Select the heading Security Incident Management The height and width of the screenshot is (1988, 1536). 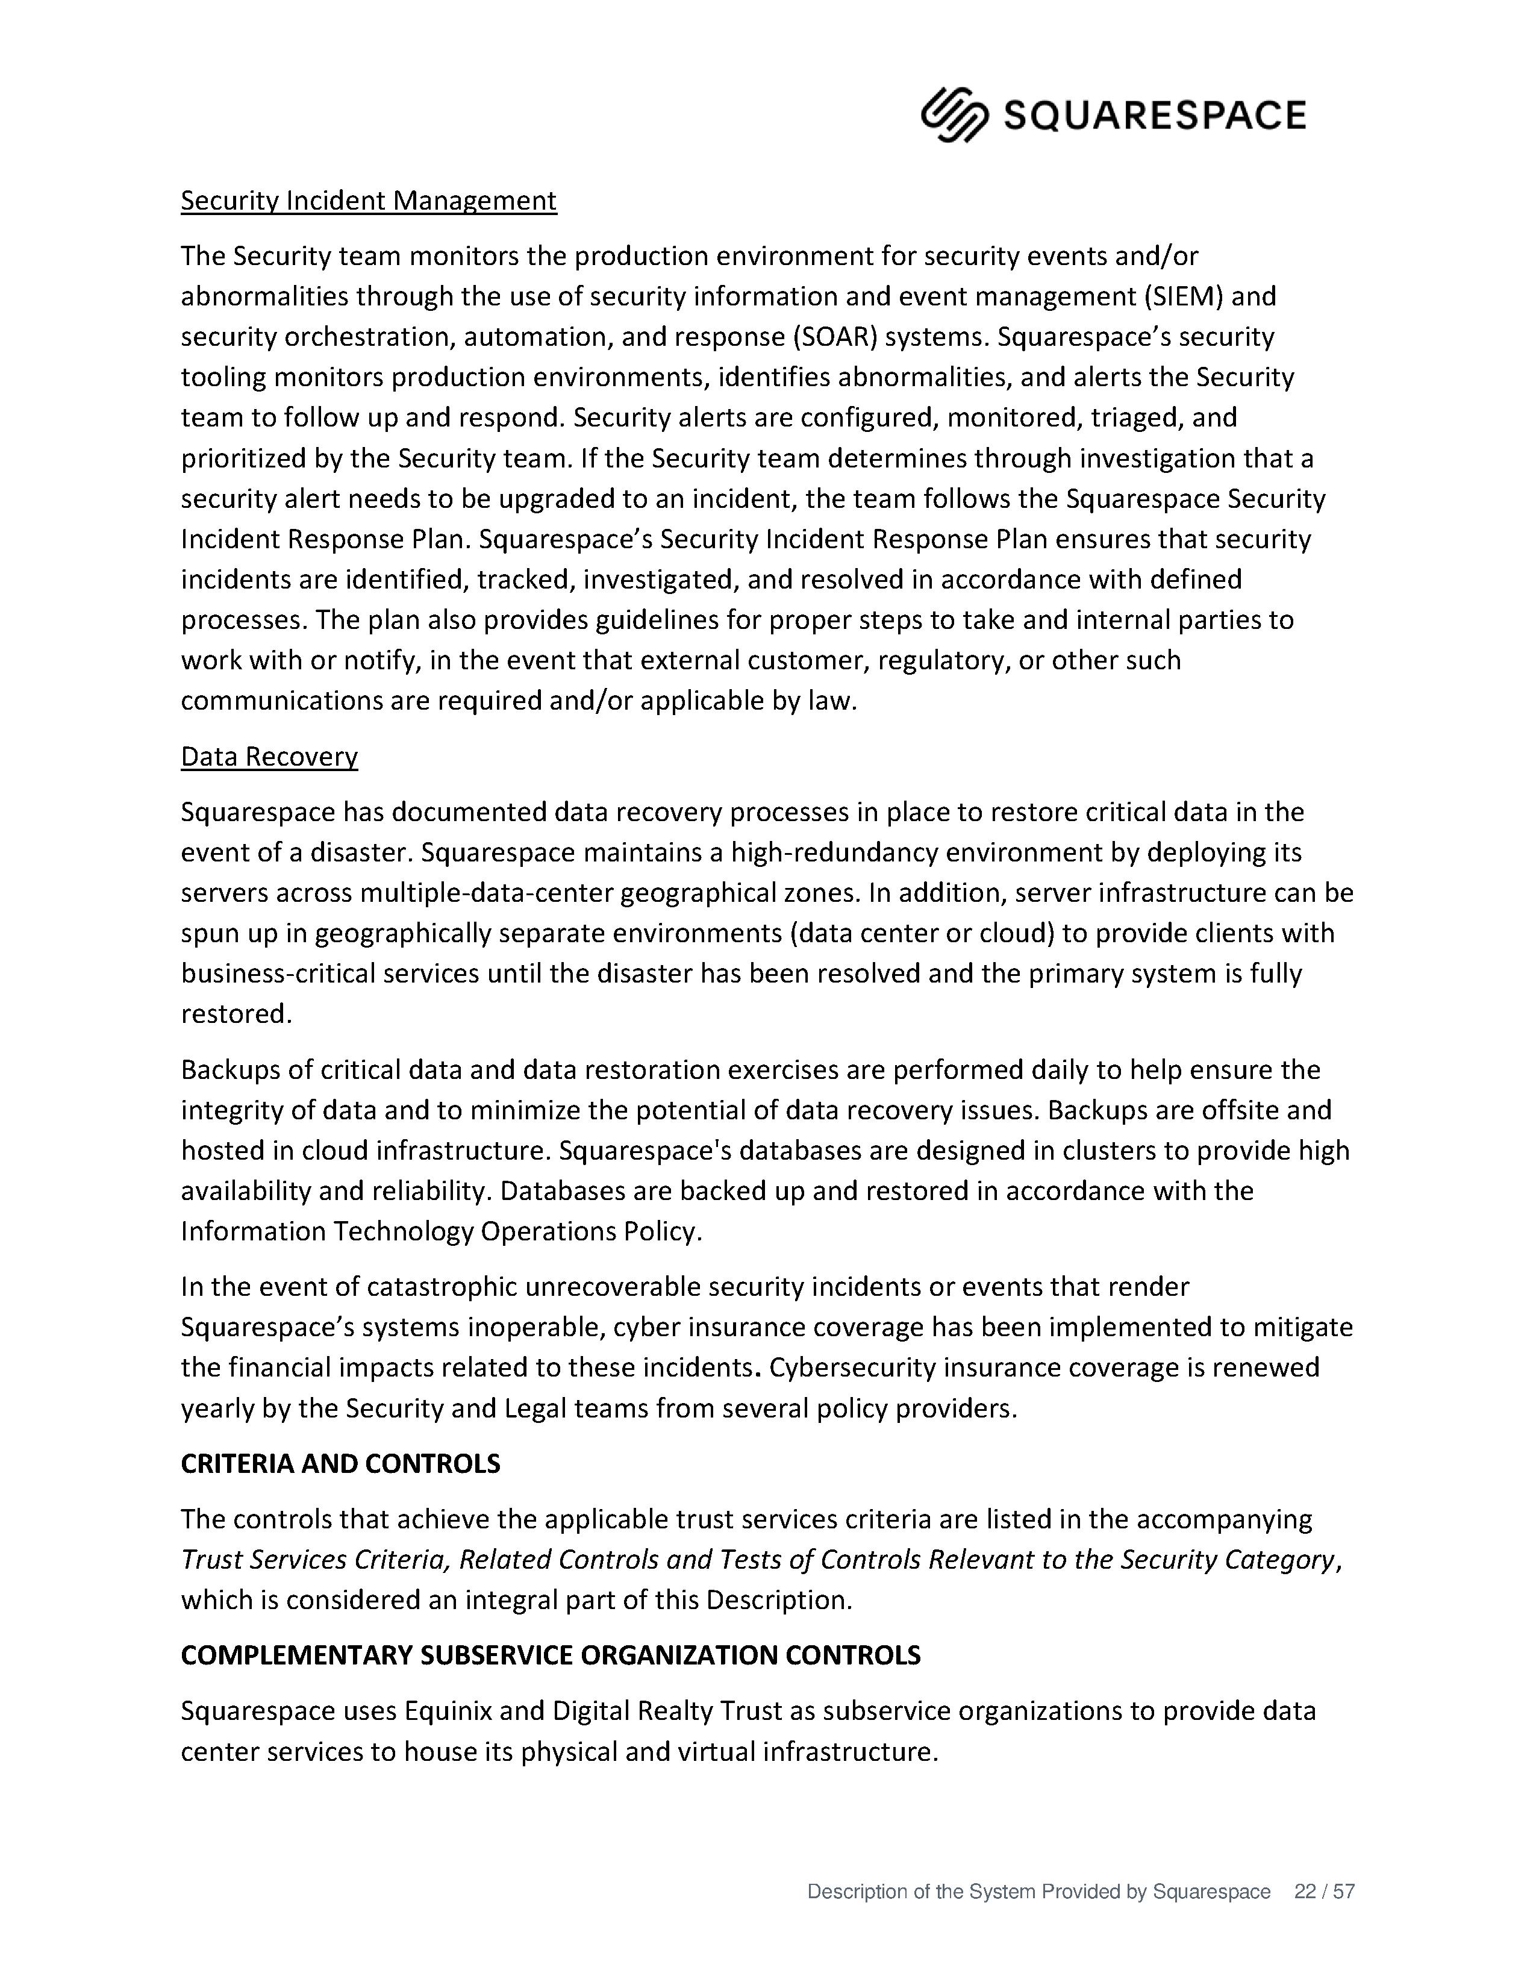[x=369, y=200]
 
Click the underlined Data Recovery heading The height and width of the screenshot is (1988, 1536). [x=269, y=757]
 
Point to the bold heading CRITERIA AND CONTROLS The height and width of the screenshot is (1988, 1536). [x=340, y=1464]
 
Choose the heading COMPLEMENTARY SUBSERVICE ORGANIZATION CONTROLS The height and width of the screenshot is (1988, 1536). [x=551, y=1655]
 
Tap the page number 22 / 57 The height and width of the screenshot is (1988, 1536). [x=1324, y=1892]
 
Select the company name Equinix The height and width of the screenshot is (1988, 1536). [x=448, y=1711]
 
